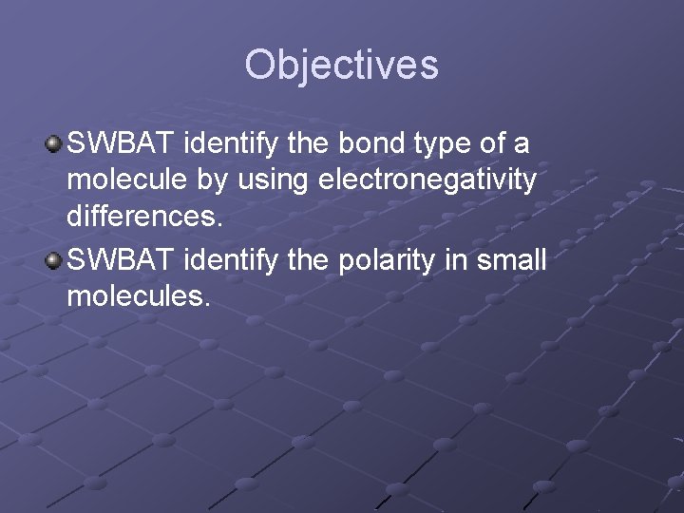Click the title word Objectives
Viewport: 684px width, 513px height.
341,65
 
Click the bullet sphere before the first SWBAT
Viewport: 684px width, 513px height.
55,142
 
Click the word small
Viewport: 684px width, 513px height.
513,260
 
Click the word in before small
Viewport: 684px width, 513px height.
468,260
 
